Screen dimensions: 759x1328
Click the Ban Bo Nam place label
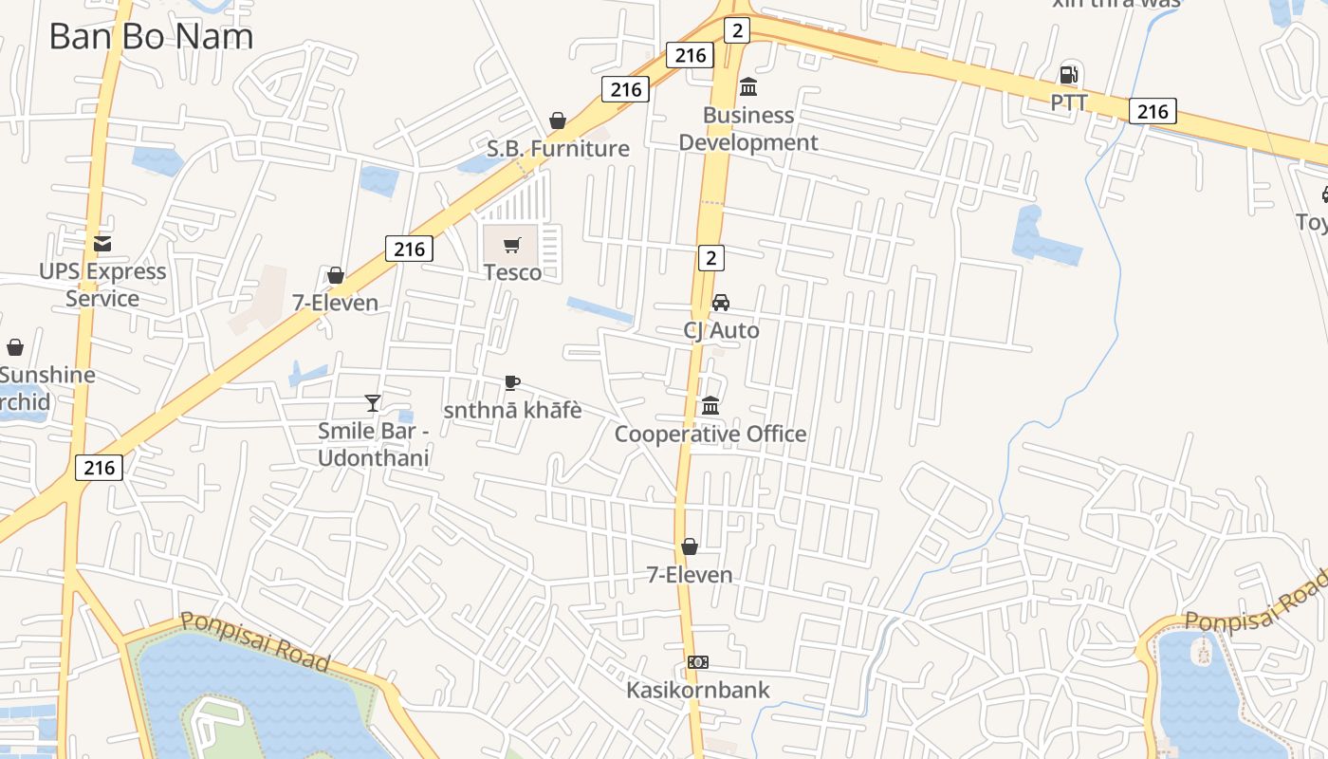[x=151, y=36]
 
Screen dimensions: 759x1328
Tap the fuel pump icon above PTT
[x=1068, y=75]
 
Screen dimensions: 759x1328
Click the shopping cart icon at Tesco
[x=512, y=246]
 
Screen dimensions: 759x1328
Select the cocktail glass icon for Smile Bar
[x=373, y=403]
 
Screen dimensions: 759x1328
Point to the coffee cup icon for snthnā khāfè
[x=512, y=382]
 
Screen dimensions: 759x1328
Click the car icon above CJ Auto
[x=721, y=303]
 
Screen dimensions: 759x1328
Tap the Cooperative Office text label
[x=710, y=434]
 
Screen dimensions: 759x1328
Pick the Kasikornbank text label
[x=698, y=690]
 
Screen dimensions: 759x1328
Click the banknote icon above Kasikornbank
[x=698, y=662]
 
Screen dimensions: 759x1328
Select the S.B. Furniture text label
[x=558, y=148]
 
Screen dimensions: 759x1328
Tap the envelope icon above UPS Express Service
[x=102, y=244]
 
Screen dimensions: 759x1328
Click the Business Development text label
[x=748, y=128]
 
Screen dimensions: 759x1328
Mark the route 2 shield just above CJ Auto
[x=711, y=257]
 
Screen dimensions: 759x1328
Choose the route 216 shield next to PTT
[x=1153, y=111]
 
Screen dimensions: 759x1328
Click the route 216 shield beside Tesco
[x=409, y=249]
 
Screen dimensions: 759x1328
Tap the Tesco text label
[x=512, y=273]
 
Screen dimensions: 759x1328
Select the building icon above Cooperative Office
[x=710, y=406]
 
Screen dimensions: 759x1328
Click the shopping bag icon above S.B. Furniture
[x=558, y=120]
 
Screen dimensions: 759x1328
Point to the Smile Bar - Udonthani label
[x=374, y=444]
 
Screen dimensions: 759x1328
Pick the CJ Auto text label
[x=721, y=330]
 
